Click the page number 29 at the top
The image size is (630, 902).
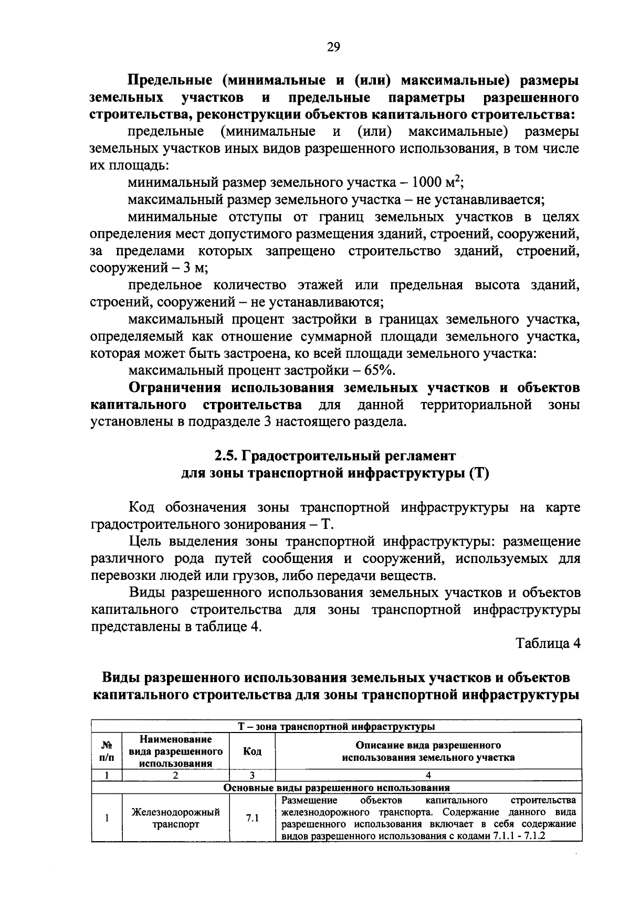[333, 47]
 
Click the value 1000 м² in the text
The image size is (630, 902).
[436, 183]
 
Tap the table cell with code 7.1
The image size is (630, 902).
[253, 818]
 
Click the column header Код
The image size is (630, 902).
[253, 751]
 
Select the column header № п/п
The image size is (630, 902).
[107, 751]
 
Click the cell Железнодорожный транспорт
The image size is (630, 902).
[176, 818]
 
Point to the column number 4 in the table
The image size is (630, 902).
[428, 775]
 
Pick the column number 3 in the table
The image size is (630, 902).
[253, 775]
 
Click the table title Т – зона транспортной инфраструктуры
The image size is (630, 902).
[337, 727]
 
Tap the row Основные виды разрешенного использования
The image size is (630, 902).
[337, 788]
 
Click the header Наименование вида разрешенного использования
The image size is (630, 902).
[176, 751]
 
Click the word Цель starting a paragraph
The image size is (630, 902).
[145, 542]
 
